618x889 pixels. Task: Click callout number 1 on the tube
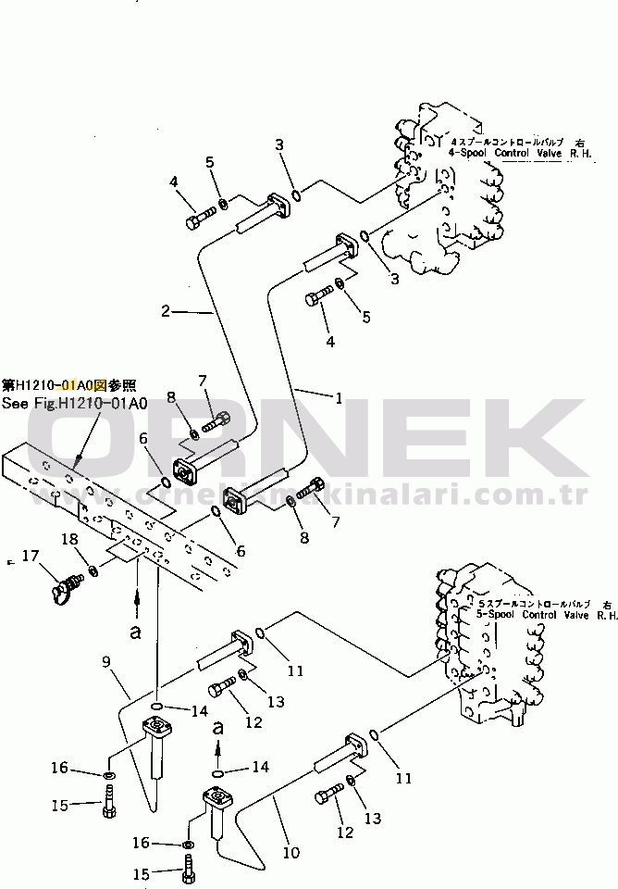pos(339,399)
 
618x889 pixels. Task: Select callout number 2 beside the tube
pos(166,311)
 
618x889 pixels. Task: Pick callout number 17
pos(30,557)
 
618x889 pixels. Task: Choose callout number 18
pos(70,539)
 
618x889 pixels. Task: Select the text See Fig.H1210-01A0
pos(75,404)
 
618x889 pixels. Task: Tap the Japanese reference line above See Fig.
pos(69,383)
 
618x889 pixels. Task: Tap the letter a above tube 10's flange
pos(219,729)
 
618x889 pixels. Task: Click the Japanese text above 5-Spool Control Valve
pos(533,602)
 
